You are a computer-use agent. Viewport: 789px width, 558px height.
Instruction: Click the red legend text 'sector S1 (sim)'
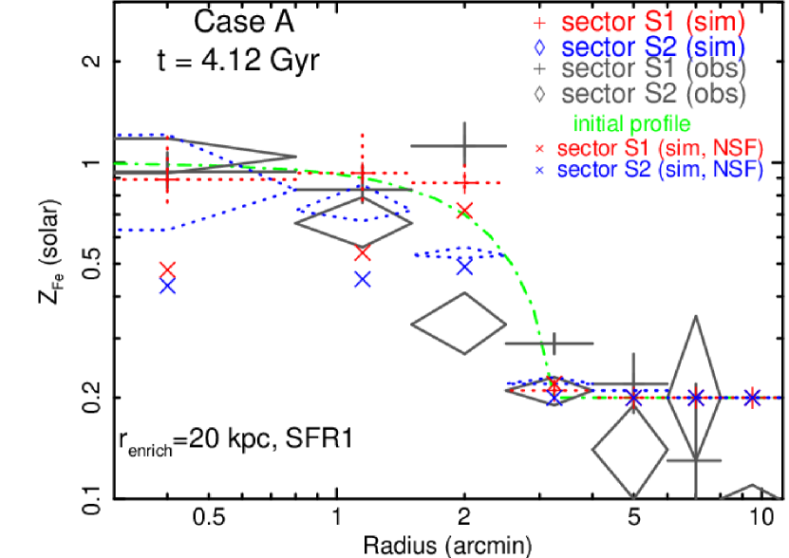pyautogui.click(x=653, y=22)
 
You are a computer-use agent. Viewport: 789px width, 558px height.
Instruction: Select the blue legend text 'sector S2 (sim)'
pyautogui.click(x=653, y=46)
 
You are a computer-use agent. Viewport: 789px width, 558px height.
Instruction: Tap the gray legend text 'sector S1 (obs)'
pyautogui.click(x=653, y=69)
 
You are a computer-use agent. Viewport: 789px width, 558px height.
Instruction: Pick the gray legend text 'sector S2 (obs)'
pyautogui.click(x=653, y=94)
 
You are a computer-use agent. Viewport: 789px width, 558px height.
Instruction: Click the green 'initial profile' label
pyautogui.click(x=631, y=123)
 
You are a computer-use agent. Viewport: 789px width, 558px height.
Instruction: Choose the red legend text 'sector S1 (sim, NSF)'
pyautogui.click(x=660, y=148)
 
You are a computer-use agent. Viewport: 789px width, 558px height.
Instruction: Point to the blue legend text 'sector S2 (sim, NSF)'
pyautogui.click(x=660, y=171)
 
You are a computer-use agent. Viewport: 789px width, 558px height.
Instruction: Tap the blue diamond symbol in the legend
pyautogui.click(x=539, y=46)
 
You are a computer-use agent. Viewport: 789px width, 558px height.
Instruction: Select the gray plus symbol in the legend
pyautogui.click(x=539, y=69)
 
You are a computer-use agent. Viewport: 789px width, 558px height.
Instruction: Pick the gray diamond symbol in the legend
pyautogui.click(x=539, y=94)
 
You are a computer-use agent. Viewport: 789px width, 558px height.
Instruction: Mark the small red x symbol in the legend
pyautogui.click(x=539, y=149)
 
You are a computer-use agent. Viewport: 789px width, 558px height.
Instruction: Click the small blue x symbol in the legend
pyautogui.click(x=539, y=172)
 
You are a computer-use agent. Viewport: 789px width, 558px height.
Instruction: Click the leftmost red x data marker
pyautogui.click(x=167, y=270)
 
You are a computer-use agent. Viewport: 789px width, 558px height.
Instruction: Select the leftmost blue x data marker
pyautogui.click(x=167, y=286)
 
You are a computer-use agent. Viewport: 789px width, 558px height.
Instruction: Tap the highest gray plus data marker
pyautogui.click(x=464, y=146)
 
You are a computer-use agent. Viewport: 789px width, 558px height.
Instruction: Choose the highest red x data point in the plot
pyautogui.click(x=464, y=210)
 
